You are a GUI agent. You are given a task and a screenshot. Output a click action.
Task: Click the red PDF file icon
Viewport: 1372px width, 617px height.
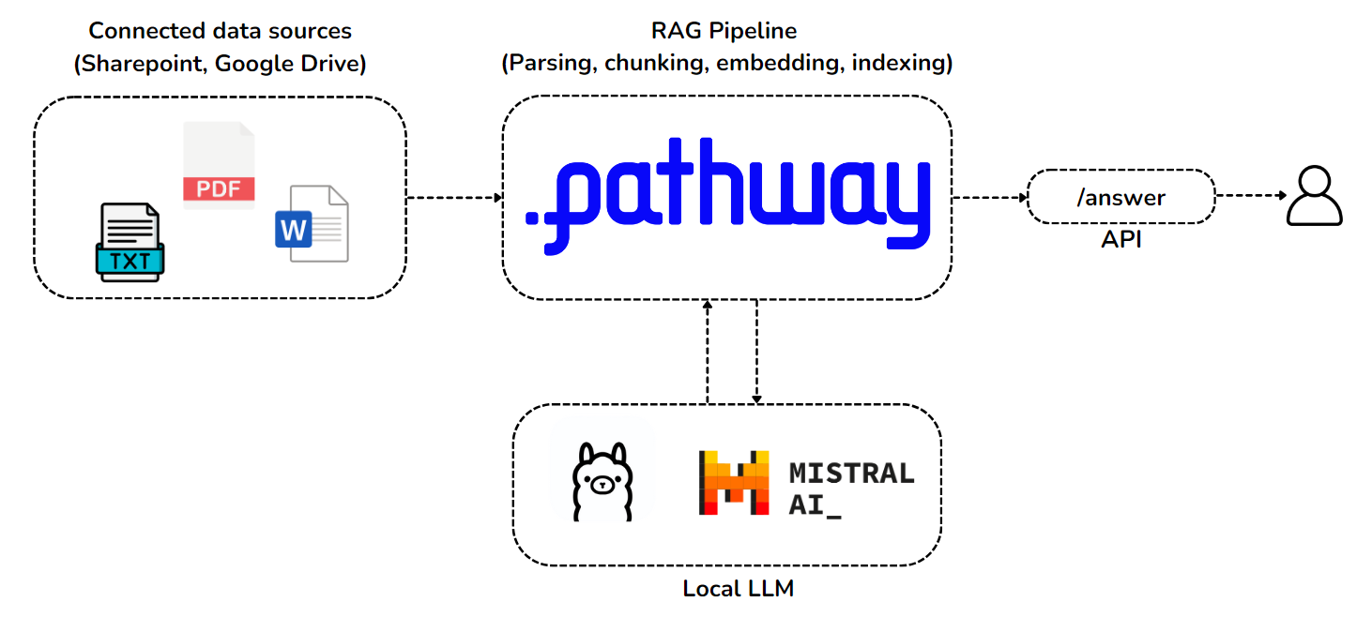[x=219, y=165]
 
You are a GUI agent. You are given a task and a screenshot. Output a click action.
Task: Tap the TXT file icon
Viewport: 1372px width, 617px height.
[x=130, y=243]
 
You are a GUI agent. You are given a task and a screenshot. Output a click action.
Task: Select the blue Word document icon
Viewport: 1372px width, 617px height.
[x=312, y=224]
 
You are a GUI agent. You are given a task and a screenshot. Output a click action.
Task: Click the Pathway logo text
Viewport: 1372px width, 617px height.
[x=727, y=203]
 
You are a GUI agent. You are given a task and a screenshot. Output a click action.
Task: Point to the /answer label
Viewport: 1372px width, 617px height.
[x=1120, y=197]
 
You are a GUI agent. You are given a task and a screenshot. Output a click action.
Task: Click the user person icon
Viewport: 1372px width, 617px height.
[x=1314, y=196]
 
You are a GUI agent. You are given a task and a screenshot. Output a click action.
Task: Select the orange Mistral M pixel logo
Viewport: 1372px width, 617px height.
[x=734, y=483]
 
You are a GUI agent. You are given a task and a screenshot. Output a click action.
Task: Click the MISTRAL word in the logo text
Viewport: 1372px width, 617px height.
[x=851, y=473]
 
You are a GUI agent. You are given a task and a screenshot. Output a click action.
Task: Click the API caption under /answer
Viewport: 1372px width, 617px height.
[x=1121, y=240]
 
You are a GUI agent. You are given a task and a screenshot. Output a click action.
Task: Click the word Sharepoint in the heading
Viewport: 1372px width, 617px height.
[x=141, y=64]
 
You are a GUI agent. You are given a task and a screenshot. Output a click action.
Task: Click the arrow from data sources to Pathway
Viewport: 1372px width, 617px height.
[x=455, y=197]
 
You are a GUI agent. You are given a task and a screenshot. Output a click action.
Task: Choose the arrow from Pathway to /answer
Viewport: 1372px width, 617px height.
[x=990, y=197]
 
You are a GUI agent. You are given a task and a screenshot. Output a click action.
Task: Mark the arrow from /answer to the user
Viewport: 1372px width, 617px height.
[x=1250, y=196]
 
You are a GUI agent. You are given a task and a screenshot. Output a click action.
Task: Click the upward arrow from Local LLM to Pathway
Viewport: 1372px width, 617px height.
[x=708, y=352]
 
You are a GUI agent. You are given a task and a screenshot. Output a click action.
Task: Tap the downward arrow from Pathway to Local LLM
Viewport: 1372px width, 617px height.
[x=756, y=352]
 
